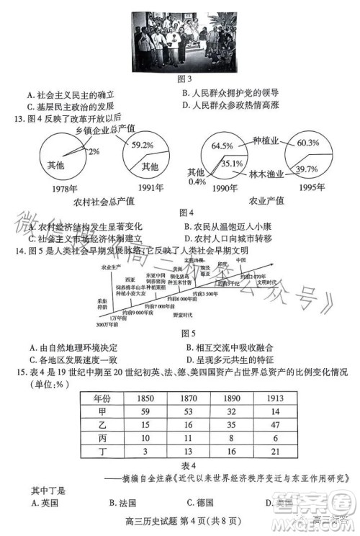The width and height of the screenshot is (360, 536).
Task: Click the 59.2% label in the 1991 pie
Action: tap(143, 145)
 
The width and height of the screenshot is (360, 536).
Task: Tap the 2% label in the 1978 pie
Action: tap(94, 152)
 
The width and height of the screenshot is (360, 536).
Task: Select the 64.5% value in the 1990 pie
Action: tap(222, 146)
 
